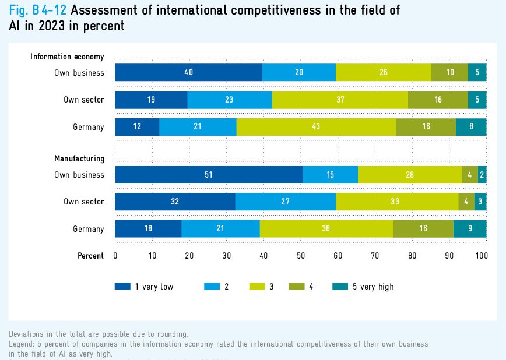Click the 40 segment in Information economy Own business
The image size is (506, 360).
[x=188, y=73]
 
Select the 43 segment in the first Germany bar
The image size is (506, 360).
[x=316, y=126]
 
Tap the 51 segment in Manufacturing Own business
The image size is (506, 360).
[x=209, y=175]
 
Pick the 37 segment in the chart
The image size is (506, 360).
[x=340, y=100]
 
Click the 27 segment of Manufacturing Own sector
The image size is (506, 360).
[x=286, y=202]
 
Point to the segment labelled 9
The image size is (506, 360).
[x=470, y=229]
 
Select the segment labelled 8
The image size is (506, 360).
[x=471, y=126]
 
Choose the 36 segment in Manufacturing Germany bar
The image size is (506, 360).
[x=326, y=229]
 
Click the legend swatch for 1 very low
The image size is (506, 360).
[x=122, y=287]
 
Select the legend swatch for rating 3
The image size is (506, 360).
[x=258, y=287]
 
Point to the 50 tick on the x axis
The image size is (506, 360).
[x=301, y=256]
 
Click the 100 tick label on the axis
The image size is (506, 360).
[x=482, y=256]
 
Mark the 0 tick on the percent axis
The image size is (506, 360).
[x=115, y=256]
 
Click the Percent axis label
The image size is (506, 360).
[x=90, y=256]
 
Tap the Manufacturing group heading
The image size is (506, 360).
[x=79, y=158]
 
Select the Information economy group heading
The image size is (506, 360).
[x=67, y=57]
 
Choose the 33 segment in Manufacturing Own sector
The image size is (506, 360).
[x=397, y=202]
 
